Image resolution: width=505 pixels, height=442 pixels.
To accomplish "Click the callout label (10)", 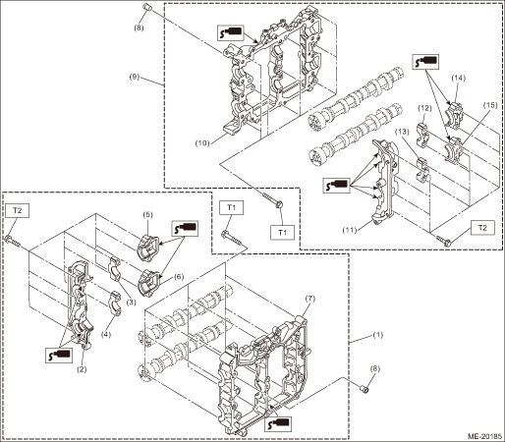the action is pyautogui.click(x=202, y=143).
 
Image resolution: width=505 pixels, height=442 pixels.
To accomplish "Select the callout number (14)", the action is pyautogui.click(x=458, y=78).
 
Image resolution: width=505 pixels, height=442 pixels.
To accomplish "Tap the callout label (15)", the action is pyautogui.click(x=490, y=105).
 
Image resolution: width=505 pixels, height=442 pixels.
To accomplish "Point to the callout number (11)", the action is pyautogui.click(x=350, y=230).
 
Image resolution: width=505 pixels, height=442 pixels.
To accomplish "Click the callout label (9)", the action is pyautogui.click(x=134, y=78).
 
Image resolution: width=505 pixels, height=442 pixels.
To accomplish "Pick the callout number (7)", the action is pyautogui.click(x=309, y=299).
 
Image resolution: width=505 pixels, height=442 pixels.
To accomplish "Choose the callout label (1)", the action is pyautogui.click(x=378, y=335).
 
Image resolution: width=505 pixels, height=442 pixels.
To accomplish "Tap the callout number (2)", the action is pyautogui.click(x=82, y=369).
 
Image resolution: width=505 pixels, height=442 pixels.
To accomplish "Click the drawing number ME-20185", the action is pyautogui.click(x=484, y=436).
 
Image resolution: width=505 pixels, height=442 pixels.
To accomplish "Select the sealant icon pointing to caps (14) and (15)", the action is pyautogui.click(x=425, y=62).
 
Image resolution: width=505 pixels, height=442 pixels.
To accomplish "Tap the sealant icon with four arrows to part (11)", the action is pyautogui.click(x=336, y=185).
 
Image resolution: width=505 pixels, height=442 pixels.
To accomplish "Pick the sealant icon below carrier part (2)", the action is pyautogui.click(x=59, y=355).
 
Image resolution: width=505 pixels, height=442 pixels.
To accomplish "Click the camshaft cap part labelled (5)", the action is pyautogui.click(x=148, y=248).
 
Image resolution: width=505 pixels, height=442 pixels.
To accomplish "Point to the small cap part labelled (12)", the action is pyautogui.click(x=421, y=134).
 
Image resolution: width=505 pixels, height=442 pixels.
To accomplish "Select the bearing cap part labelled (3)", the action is pyautogui.click(x=115, y=269).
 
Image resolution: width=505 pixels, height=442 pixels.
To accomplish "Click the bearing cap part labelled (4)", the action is pyautogui.click(x=115, y=303).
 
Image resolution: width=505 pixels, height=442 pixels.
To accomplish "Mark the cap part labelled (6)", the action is pyautogui.click(x=149, y=283).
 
